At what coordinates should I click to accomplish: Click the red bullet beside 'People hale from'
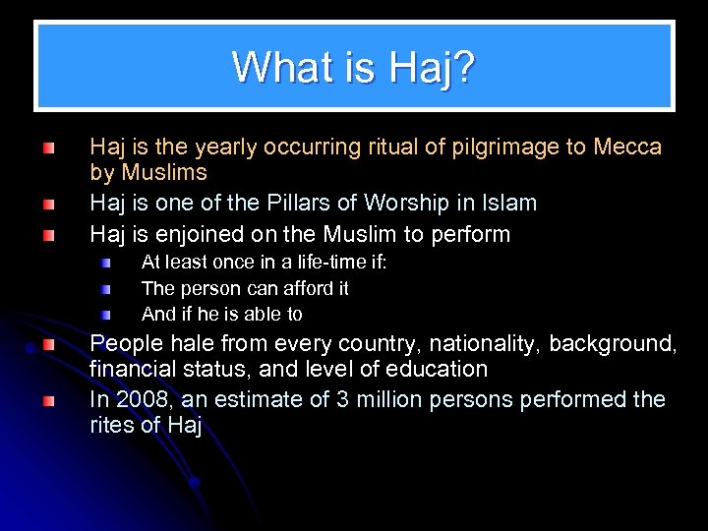pos(48,345)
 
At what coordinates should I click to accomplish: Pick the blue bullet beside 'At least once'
pos(105,264)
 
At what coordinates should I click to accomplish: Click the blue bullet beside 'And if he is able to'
pos(105,315)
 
